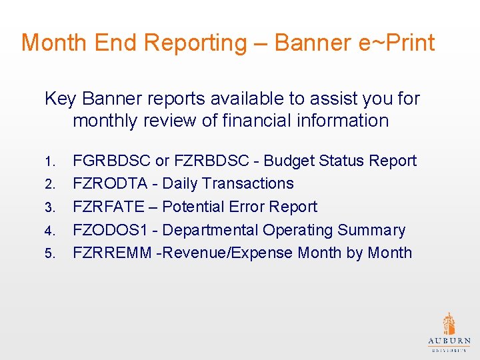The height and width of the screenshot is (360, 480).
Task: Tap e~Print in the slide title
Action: pyautogui.click(x=398, y=43)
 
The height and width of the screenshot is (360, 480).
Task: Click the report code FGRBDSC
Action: pyautogui.click(x=111, y=161)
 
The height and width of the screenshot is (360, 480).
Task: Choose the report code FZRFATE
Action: pyautogui.click(x=108, y=207)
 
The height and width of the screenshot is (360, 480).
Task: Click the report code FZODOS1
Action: pyautogui.click(x=109, y=230)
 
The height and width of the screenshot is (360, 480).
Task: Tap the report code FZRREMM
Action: pyautogui.click(x=111, y=253)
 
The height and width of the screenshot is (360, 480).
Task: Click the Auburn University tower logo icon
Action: pyautogui.click(x=449, y=323)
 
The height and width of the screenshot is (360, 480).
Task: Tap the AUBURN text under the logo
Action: pyautogui.click(x=449, y=341)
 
